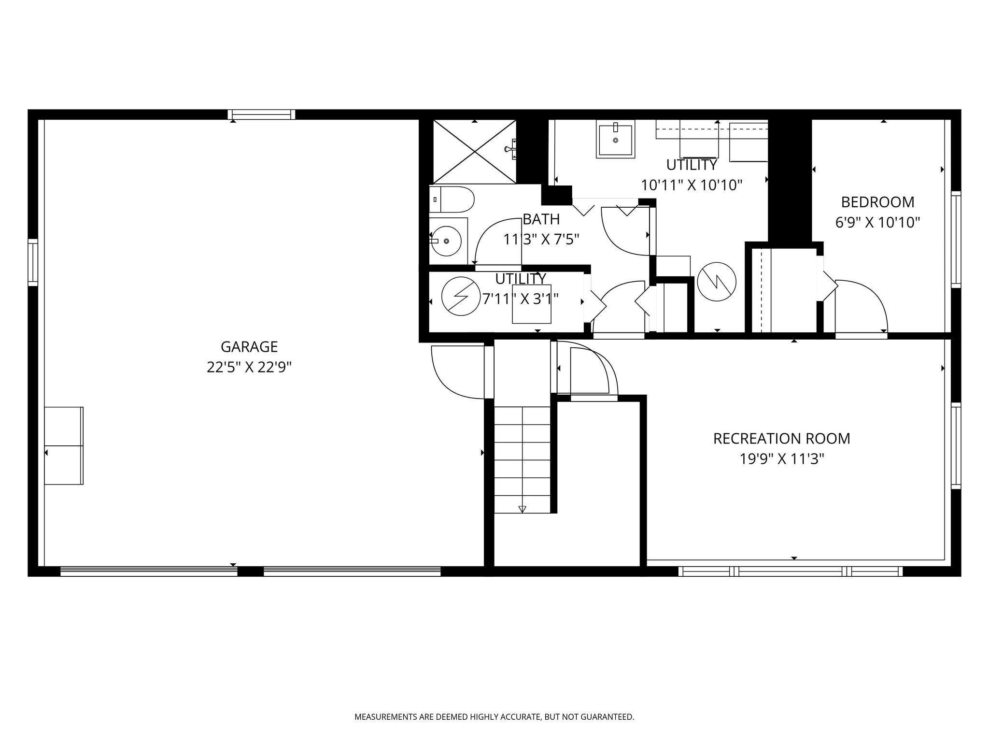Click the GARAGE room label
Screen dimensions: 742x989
[x=249, y=347]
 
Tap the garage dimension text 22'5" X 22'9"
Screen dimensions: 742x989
[x=249, y=368]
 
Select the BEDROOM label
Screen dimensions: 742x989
[x=877, y=202]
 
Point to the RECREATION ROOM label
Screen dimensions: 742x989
[x=781, y=439]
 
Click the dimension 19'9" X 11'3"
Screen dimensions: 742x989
[x=781, y=459]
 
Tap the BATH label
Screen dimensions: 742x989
[x=541, y=219]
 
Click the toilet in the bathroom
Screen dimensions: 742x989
[x=452, y=200]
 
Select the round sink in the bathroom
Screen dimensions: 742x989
[x=447, y=241]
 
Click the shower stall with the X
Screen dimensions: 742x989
[x=475, y=152]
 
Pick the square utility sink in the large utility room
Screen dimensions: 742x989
[x=615, y=139]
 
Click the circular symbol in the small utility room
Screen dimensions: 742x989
[x=461, y=296]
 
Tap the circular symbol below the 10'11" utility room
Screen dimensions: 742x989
[x=717, y=282]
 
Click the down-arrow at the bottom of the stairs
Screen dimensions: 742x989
[x=522, y=509]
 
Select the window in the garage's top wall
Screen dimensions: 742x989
[x=261, y=114]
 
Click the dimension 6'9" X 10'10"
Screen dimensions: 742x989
[x=877, y=223]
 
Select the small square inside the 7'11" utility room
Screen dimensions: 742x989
[x=531, y=304]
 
